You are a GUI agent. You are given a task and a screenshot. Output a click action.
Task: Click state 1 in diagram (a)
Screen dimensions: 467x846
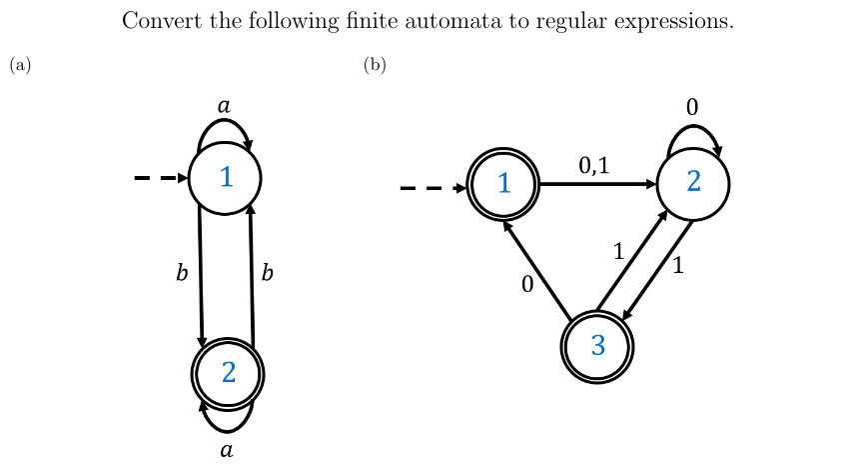[x=226, y=178]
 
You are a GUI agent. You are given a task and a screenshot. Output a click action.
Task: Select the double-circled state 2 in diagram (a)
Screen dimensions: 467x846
[x=228, y=373]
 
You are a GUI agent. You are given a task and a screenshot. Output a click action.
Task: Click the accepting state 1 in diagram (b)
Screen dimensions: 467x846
[x=504, y=184]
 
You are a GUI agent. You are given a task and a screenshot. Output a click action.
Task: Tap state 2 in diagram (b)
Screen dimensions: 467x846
[x=693, y=184]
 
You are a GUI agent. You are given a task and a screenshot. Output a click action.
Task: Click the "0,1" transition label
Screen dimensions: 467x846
[x=593, y=166]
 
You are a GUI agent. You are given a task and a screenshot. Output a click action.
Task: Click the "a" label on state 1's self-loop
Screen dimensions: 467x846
[x=224, y=105]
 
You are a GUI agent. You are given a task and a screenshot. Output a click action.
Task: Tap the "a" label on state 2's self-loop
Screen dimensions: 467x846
[x=227, y=450]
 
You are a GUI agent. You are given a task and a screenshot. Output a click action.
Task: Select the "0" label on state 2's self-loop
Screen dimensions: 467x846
[x=691, y=106]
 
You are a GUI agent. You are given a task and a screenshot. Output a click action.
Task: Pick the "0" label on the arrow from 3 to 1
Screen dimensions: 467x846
[x=527, y=285]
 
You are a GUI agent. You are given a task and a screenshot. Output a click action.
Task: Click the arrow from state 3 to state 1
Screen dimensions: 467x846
[x=537, y=271]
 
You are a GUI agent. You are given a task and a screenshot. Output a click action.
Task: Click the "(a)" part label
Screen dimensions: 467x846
[x=20, y=66]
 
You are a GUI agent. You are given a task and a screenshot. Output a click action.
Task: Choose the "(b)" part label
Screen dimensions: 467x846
[x=375, y=66]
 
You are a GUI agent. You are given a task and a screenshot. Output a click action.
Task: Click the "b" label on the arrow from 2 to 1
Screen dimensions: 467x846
[x=267, y=273]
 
